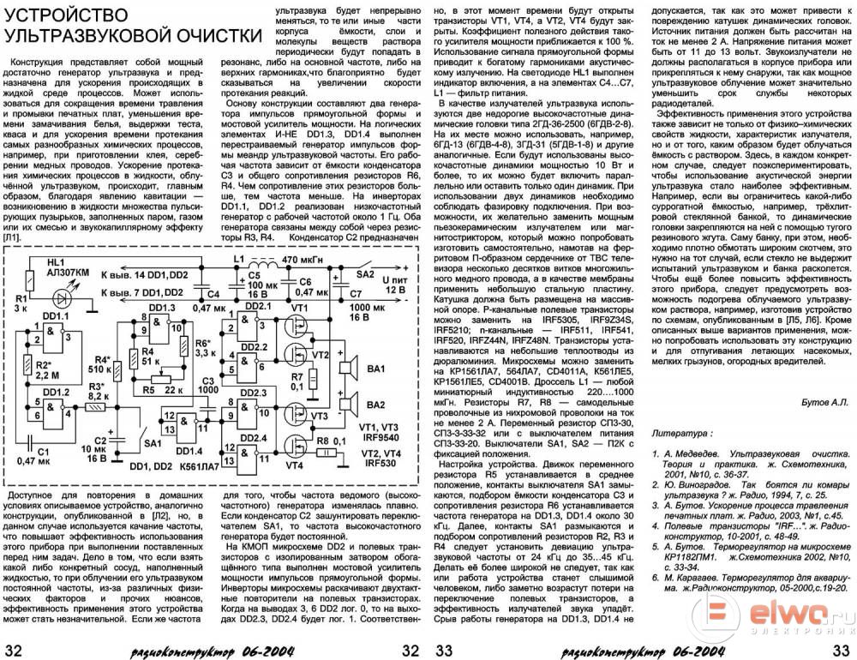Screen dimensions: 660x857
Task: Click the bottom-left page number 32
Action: (x=15, y=648)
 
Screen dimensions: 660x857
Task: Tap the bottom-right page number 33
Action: (x=842, y=648)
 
